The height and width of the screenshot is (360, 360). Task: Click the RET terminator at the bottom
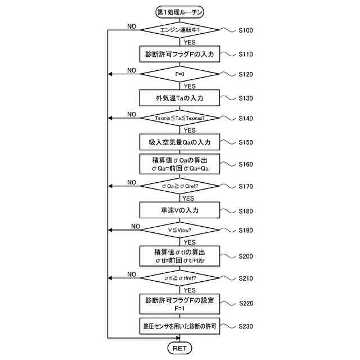point(179,348)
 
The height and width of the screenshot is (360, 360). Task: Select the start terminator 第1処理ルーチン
point(180,12)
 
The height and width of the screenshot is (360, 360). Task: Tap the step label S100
point(246,30)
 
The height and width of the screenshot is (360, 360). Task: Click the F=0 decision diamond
point(180,74)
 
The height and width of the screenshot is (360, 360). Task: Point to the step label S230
point(246,326)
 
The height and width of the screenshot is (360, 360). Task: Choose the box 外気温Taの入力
point(179,98)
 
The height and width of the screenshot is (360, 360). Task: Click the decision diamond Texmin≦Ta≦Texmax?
point(180,118)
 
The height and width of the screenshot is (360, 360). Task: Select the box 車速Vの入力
point(179,210)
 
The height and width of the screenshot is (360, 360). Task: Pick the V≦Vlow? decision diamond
point(180,230)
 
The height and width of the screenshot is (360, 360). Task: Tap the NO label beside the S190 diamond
point(136,226)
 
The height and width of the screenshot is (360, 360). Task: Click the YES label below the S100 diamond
point(190,43)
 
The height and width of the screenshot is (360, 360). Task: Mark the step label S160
point(246,164)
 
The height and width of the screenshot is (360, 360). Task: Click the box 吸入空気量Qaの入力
point(179,142)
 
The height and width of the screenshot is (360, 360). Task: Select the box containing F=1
point(179,304)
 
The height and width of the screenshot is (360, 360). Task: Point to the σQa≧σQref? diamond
point(180,186)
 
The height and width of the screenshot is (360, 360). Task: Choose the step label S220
point(246,303)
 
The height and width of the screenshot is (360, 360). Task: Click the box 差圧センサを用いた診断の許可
point(179,326)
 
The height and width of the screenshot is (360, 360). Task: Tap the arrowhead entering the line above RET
point(178,338)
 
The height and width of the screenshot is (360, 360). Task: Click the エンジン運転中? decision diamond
point(180,30)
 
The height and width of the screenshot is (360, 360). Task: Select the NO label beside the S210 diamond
point(132,274)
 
